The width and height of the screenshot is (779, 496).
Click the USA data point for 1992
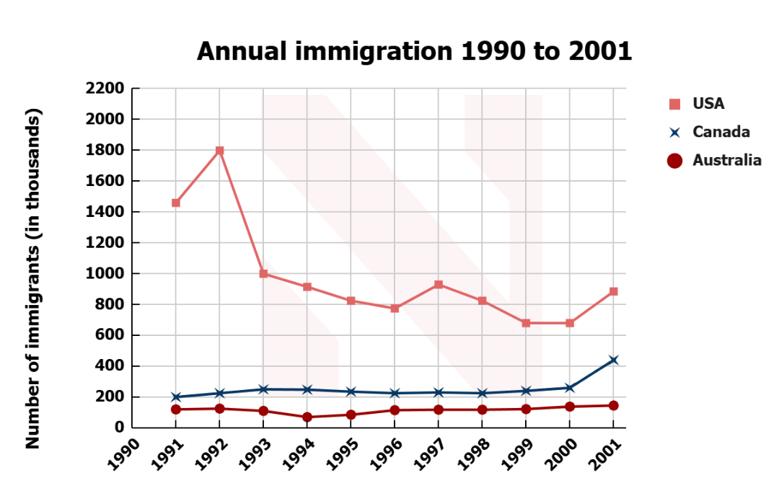219,151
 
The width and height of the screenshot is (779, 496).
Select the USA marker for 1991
176,203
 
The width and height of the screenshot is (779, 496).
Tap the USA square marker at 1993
263,273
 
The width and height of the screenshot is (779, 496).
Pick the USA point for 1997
439,285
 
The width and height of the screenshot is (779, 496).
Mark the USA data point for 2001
614,291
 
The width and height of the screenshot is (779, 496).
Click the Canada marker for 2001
614,360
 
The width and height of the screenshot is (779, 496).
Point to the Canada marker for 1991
176,397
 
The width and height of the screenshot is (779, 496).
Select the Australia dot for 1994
307,417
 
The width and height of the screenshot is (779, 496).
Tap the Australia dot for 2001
614,406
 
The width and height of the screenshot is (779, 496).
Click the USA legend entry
708,104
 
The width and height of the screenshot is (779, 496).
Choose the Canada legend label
721,132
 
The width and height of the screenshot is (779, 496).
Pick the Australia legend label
727,160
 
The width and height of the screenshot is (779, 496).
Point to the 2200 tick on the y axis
105,89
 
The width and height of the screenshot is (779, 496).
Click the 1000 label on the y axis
105,273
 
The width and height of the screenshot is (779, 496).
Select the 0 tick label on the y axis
119,428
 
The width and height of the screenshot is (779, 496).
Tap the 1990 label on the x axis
124,453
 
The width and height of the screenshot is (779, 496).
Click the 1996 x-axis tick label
387,453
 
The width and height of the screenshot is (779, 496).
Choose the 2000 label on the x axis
561,453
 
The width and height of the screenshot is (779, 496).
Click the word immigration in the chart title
374,52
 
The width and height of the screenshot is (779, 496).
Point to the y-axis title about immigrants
32,278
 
